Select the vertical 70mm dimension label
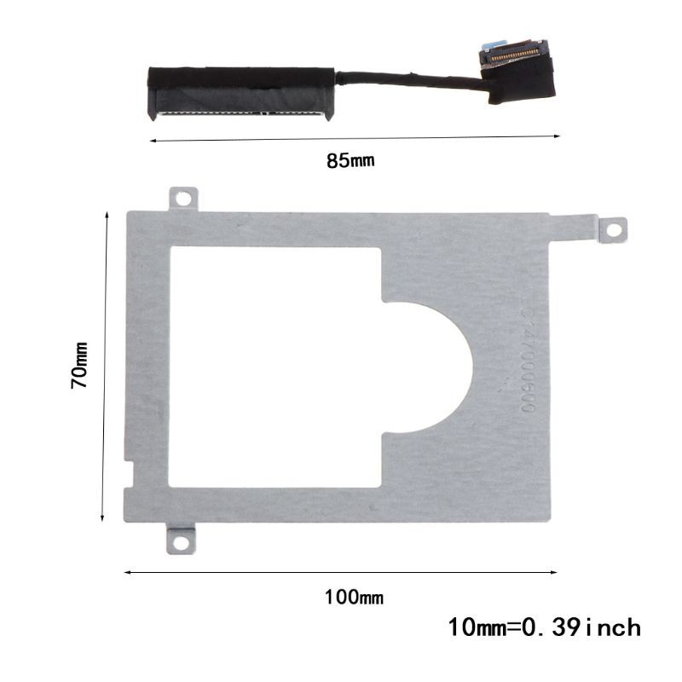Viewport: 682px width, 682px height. coord(80,366)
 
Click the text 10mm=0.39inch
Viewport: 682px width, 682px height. coord(544,629)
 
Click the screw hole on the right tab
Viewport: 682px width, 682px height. coord(610,229)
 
